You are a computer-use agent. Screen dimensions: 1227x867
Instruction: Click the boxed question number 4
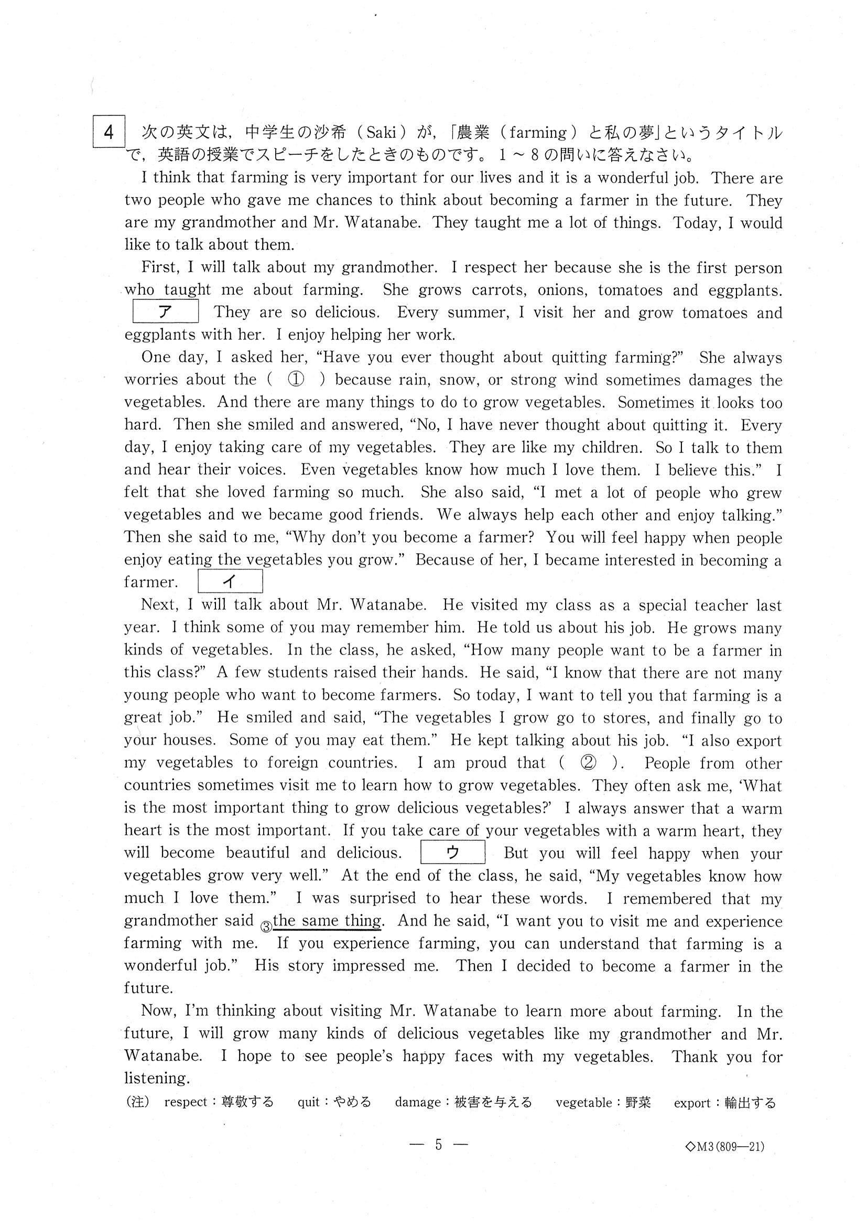[x=109, y=132]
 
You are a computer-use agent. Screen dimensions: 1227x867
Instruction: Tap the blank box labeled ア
[x=166, y=311]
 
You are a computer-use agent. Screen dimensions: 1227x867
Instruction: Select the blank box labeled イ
[x=230, y=582]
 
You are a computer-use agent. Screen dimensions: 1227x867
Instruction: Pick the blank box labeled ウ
[x=452, y=853]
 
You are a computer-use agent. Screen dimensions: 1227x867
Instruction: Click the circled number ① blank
[x=296, y=380]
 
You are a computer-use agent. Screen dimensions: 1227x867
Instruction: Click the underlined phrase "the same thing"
[x=327, y=921]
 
